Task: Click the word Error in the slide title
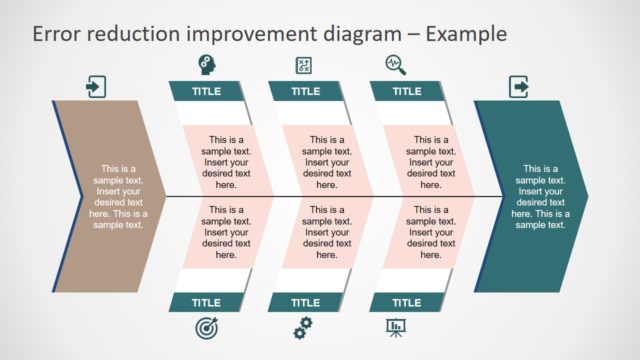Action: point(57,34)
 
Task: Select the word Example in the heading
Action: point(466,34)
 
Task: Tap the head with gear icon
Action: point(206,65)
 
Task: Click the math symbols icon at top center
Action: point(304,65)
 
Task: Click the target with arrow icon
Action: point(206,328)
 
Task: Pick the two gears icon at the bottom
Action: point(304,328)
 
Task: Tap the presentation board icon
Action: point(397,327)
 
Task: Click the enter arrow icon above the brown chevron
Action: point(95,86)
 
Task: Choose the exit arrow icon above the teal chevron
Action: point(519,86)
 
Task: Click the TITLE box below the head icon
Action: point(206,91)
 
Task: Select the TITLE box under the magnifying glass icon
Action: point(406,91)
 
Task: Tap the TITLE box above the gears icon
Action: point(306,303)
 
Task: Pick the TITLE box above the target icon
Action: point(206,303)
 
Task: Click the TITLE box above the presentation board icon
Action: point(406,303)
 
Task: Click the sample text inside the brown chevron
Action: point(118,197)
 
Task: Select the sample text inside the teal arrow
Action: point(540,197)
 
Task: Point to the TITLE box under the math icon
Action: point(306,91)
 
